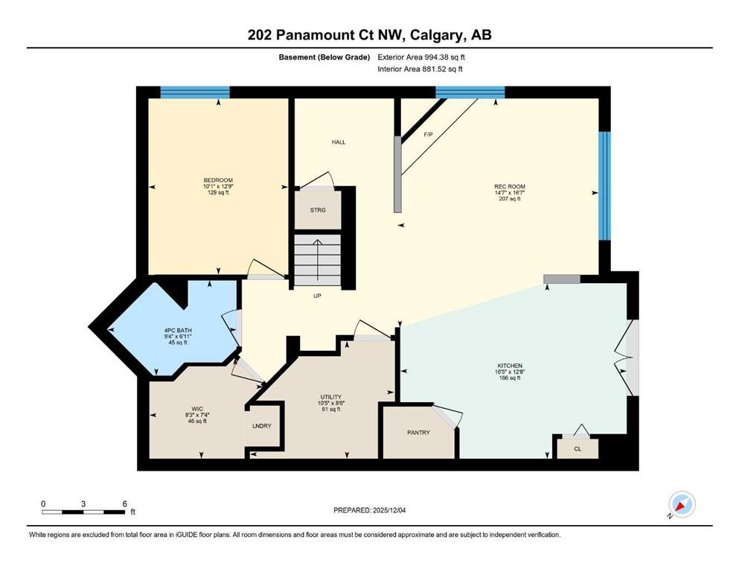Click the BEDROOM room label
click(x=218, y=180)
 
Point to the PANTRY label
click(x=418, y=432)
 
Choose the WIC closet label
click(x=197, y=409)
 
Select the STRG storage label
click(x=318, y=210)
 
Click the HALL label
click(x=339, y=142)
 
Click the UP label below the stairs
click(x=316, y=296)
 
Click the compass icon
click(x=682, y=504)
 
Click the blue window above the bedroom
click(x=195, y=93)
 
